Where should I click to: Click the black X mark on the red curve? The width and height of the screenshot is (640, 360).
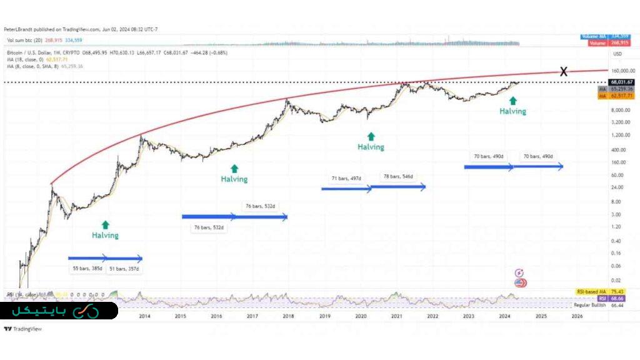click(563, 71)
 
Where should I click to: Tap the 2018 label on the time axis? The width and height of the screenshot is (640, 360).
click(288, 316)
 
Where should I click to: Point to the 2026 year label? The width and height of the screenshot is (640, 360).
click(577, 316)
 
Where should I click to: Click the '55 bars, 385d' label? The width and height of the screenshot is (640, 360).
click(87, 269)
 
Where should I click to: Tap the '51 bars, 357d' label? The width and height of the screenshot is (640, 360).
click(124, 269)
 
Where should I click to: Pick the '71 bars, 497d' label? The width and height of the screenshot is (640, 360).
click(346, 178)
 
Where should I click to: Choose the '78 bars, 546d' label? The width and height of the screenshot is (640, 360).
click(398, 177)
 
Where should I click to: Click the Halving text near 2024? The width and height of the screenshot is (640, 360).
click(512, 111)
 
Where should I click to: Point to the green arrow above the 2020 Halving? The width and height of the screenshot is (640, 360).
click(371, 136)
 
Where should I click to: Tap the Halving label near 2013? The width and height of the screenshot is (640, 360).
click(105, 236)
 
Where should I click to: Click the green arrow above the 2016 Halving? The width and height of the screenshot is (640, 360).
click(234, 167)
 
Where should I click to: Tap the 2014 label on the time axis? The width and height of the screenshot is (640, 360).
click(144, 316)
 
